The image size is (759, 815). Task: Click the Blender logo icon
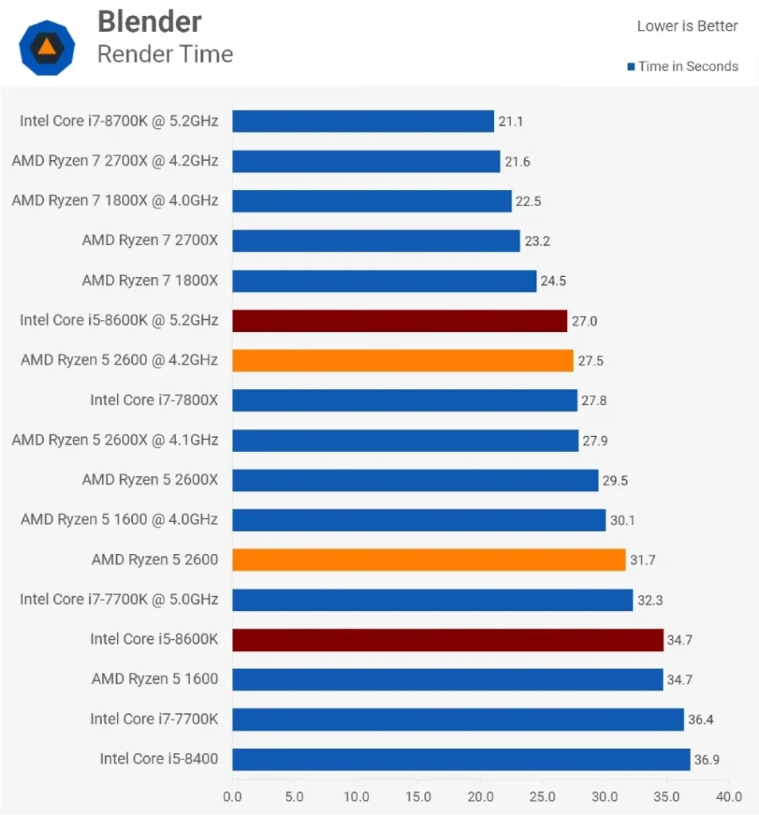coord(47,47)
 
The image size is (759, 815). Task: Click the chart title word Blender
coord(150,21)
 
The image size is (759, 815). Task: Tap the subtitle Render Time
coord(165,54)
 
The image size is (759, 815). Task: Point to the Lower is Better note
coord(687,26)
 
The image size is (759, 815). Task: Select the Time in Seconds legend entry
coord(683,67)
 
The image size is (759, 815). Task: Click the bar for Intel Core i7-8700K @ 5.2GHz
coord(363,121)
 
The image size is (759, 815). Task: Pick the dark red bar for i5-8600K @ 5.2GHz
coord(399,321)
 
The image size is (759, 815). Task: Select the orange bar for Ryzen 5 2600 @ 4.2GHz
coord(403,361)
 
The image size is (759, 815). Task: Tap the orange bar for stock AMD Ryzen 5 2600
coord(429,560)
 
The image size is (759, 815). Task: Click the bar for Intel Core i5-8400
coord(461,759)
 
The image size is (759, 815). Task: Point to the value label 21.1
coord(511,122)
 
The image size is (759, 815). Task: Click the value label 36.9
coord(706,760)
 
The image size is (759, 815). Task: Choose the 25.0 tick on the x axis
coord(542,797)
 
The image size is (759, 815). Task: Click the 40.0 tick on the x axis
coord(728,797)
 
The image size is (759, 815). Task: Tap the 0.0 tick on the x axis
coord(232,797)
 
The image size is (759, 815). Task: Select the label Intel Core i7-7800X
coord(154,400)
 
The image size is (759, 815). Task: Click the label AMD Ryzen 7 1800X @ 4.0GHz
coord(115,201)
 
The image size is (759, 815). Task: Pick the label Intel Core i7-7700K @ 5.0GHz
coord(119,599)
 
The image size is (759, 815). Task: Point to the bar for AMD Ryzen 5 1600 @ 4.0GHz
coord(418,520)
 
